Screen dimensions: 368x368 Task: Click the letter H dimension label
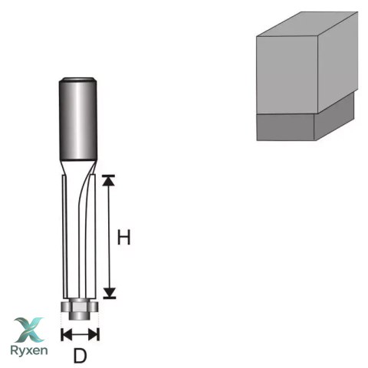point(123,237)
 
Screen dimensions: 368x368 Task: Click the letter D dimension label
point(80,356)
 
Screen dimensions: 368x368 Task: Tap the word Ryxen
point(29,350)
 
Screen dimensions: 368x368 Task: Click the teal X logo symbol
point(29,330)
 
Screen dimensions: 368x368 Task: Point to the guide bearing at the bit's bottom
point(80,307)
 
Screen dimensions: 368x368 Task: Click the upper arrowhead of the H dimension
point(109,181)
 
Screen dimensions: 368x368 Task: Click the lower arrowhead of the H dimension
point(110,292)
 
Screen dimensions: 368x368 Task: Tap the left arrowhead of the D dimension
point(67,334)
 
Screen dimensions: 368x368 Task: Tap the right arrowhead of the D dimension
point(93,334)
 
